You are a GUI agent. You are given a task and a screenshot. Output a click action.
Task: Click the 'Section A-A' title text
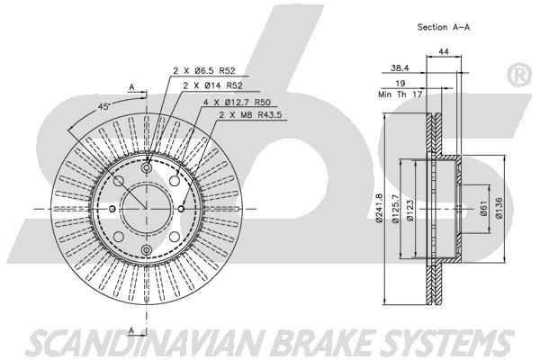click(x=443, y=27)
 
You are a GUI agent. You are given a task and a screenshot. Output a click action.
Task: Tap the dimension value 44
click(x=444, y=51)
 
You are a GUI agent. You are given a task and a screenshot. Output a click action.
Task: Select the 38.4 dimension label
click(x=400, y=68)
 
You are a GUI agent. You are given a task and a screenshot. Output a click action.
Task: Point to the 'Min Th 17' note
click(x=400, y=94)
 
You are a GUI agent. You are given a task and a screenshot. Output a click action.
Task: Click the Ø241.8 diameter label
click(x=379, y=209)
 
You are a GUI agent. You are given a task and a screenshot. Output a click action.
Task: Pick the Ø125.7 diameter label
click(x=395, y=209)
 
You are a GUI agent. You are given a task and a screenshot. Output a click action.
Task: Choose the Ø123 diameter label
click(x=409, y=210)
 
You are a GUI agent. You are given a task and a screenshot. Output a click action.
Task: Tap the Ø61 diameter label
click(x=484, y=209)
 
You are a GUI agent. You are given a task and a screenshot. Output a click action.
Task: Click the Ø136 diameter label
click(x=499, y=208)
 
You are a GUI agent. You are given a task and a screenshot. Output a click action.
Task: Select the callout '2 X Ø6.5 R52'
click(x=204, y=70)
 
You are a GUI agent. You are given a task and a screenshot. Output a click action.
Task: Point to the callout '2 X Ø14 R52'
click(x=212, y=85)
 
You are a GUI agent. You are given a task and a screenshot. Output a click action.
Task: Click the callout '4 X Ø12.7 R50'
click(x=237, y=103)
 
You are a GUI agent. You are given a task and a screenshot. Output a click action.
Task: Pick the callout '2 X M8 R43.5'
click(x=250, y=114)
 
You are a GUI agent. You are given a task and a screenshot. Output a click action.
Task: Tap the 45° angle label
click(x=103, y=106)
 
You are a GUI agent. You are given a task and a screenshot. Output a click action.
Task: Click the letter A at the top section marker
click(x=131, y=87)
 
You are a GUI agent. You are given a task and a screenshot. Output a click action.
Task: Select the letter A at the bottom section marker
click(x=131, y=330)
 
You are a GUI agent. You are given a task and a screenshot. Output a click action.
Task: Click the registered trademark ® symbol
click(x=520, y=75)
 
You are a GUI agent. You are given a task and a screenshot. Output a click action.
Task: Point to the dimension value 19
click(x=400, y=83)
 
